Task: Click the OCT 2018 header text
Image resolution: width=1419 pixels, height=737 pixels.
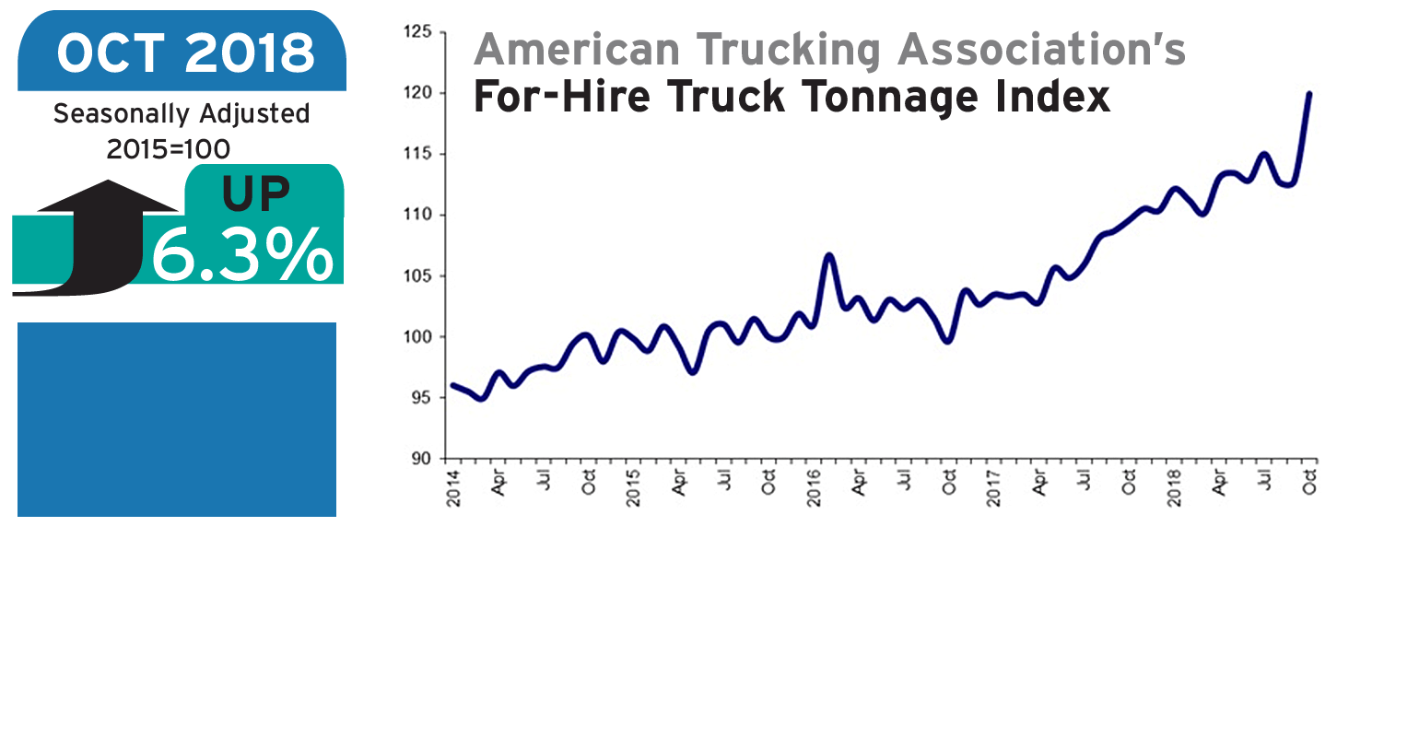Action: click(185, 53)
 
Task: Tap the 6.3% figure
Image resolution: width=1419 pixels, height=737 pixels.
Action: click(242, 253)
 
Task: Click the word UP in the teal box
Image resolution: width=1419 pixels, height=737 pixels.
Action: click(256, 193)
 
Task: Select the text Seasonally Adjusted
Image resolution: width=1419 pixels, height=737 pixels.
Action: click(182, 114)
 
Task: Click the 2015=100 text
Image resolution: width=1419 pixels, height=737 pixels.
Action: click(169, 148)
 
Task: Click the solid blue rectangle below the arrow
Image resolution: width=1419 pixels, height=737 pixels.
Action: click(177, 419)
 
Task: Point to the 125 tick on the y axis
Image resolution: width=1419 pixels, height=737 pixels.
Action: click(417, 33)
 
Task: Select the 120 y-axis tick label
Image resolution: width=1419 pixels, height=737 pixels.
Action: click(417, 94)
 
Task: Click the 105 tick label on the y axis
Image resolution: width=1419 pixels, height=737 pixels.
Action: click(417, 276)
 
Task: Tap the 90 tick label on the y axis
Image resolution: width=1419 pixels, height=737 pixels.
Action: click(421, 459)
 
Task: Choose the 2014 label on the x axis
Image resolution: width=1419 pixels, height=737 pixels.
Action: click(453, 488)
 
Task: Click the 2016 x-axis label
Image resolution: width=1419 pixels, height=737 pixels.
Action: click(815, 488)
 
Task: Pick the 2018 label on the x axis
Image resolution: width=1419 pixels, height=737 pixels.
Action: click(1175, 488)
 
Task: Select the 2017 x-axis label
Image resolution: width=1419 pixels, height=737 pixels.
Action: click(994, 488)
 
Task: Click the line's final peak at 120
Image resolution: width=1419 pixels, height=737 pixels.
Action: click(1309, 94)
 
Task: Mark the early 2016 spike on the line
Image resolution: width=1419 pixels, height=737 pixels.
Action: click(828, 255)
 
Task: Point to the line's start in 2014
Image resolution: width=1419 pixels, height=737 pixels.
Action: click(452, 385)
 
